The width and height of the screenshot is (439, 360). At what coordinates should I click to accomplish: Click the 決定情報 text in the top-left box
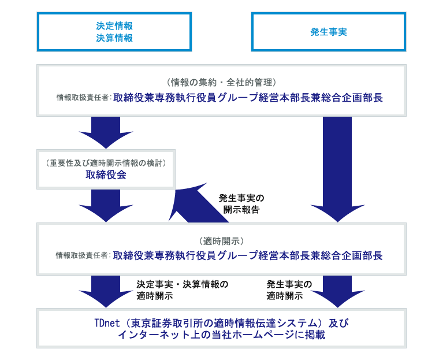coord(114,26)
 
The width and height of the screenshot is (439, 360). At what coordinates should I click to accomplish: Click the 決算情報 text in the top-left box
coord(114,38)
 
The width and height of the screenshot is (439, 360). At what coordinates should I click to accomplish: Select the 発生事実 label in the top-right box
coord(329,32)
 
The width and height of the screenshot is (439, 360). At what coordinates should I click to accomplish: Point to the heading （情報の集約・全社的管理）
coord(221,82)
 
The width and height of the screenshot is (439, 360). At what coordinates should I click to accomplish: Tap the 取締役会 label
coord(106,175)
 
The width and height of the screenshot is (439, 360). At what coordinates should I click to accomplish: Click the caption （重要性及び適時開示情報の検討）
coord(106,163)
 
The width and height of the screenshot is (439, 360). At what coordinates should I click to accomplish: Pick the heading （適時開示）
coord(221,241)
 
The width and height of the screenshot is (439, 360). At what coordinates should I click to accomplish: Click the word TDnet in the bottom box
coord(107,323)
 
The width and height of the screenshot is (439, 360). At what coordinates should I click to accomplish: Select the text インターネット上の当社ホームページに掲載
coord(221,335)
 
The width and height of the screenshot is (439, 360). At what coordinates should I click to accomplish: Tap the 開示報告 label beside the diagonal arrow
coord(241,210)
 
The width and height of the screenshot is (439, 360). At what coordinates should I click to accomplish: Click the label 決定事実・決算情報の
coord(183,284)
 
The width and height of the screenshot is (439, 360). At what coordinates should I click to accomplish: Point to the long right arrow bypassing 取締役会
coord(337,168)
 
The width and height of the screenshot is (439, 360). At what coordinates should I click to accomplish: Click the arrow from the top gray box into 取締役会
coord(106,132)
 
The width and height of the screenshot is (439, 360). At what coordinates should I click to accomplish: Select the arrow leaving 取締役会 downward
coord(106,206)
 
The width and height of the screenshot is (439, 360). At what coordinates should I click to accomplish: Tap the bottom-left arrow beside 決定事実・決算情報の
coord(106,291)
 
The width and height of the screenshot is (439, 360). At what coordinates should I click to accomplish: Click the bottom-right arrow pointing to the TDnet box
coord(337,291)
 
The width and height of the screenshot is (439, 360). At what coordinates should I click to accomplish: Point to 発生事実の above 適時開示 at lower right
coord(289,284)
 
